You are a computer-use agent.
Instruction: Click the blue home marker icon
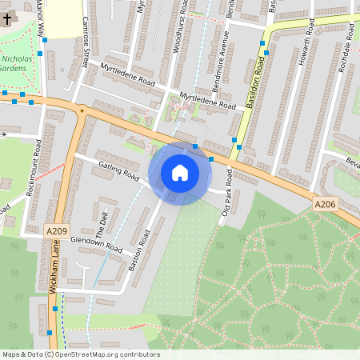coord(180,173)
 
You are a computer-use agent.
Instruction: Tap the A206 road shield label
coord(324,206)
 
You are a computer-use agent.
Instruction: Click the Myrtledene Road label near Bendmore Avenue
coord(208,101)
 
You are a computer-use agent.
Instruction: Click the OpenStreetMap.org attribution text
coord(104,354)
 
